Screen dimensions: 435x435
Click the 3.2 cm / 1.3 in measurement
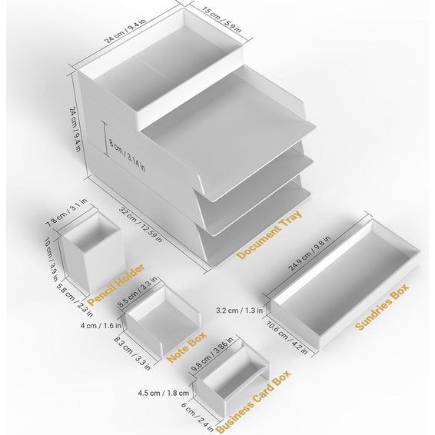(x=240, y=311)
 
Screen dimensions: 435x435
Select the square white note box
(x=163, y=319)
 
